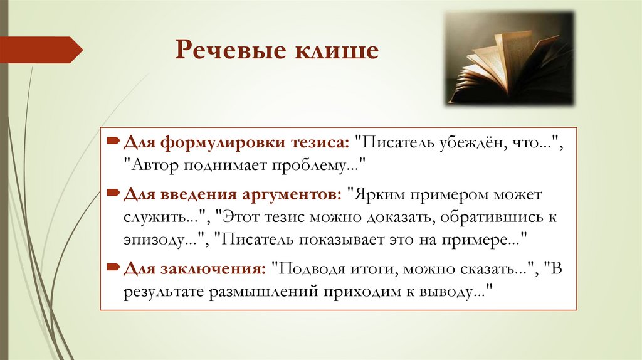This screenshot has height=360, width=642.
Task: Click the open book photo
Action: point(510,58)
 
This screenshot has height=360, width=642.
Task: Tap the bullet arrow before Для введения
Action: point(112,194)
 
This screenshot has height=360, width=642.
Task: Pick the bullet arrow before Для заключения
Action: point(112,268)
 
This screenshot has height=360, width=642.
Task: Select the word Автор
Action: point(157,166)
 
